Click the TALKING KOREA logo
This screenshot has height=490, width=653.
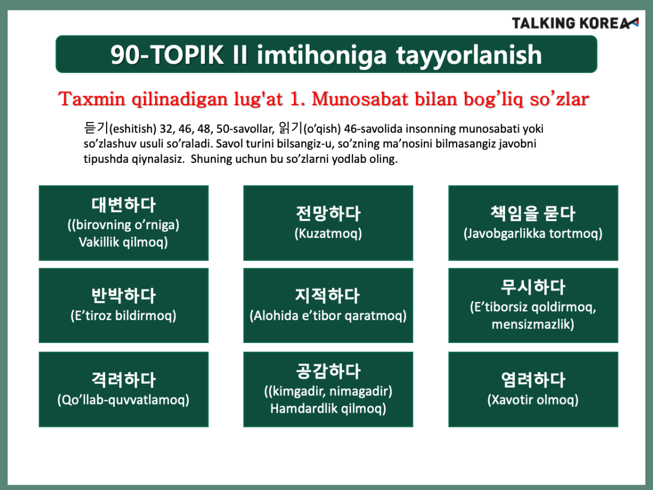tap(575, 23)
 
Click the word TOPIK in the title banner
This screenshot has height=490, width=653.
tap(187, 55)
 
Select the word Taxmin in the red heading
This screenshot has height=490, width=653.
tap(91, 99)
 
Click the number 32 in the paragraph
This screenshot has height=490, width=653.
tap(167, 129)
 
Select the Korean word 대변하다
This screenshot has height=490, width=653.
tap(124, 205)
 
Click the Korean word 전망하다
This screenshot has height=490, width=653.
tap(328, 213)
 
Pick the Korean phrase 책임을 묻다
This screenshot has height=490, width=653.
tap(533, 213)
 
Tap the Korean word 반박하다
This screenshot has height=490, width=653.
tap(124, 296)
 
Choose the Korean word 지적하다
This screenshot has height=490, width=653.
tap(328, 296)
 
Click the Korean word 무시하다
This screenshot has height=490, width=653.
tap(533, 287)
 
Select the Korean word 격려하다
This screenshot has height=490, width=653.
tap(124, 380)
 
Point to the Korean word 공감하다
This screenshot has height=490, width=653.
tap(328, 371)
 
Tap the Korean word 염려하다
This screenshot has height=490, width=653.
tap(533, 380)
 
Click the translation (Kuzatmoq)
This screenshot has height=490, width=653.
tap(328, 234)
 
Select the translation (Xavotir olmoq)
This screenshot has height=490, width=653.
tap(533, 400)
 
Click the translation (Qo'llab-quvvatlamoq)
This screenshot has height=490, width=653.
tap(124, 400)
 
